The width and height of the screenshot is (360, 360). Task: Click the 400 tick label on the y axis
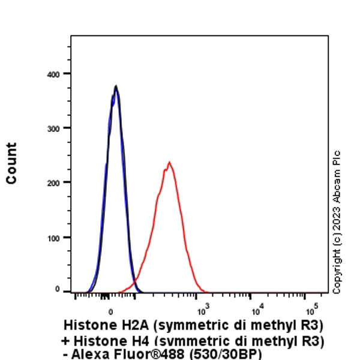click(x=54, y=74)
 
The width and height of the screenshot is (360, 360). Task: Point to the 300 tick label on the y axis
click(x=54, y=128)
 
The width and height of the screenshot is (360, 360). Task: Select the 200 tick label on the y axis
click(x=54, y=182)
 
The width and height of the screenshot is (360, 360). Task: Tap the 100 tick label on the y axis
click(x=54, y=238)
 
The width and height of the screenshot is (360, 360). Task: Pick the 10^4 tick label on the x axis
click(x=257, y=310)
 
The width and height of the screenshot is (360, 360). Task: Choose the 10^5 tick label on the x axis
click(x=311, y=310)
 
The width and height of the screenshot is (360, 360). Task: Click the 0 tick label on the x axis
click(x=111, y=311)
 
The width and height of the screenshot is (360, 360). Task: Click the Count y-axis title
click(x=11, y=163)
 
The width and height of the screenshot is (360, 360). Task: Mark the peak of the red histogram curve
click(x=169, y=162)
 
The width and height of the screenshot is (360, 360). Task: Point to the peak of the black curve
click(x=116, y=86)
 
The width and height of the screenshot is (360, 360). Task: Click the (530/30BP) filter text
click(x=227, y=354)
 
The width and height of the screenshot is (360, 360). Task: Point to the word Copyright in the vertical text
click(x=337, y=274)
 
